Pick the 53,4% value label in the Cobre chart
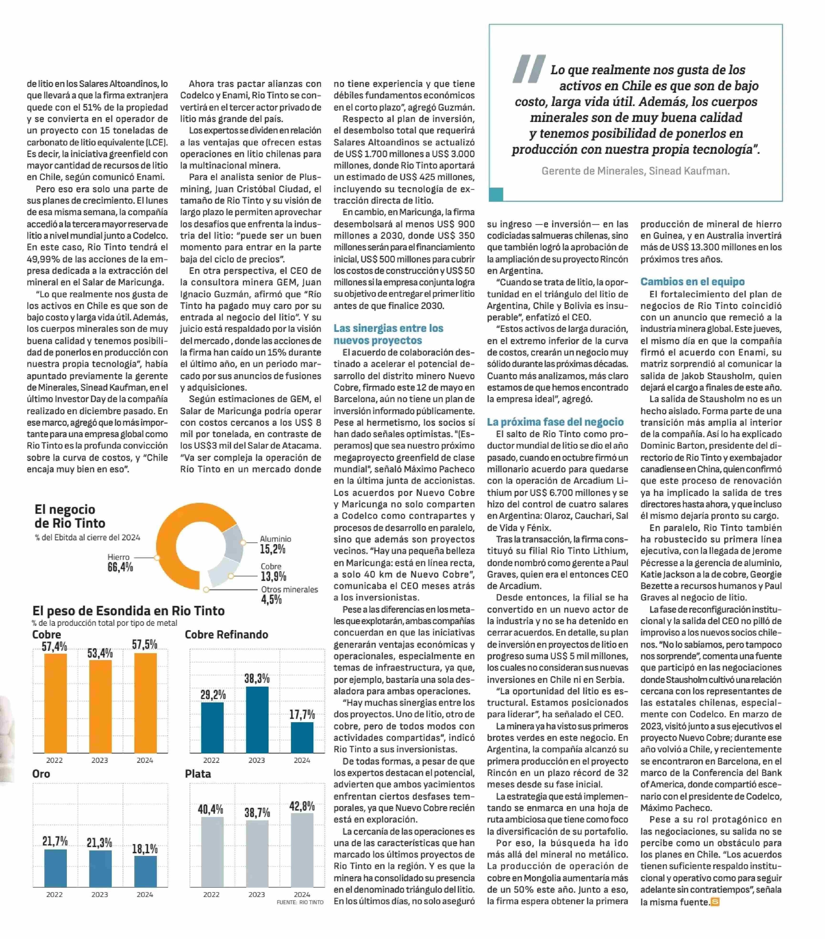pos(100,653)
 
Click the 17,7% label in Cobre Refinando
pos(302,714)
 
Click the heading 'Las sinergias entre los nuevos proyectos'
pos(388,334)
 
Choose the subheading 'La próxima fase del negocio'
pos(555,422)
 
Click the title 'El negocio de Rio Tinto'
pos(69,516)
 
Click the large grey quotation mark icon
pos(529,69)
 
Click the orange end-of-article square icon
pos(715,902)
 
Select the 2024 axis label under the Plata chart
pos(302,894)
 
